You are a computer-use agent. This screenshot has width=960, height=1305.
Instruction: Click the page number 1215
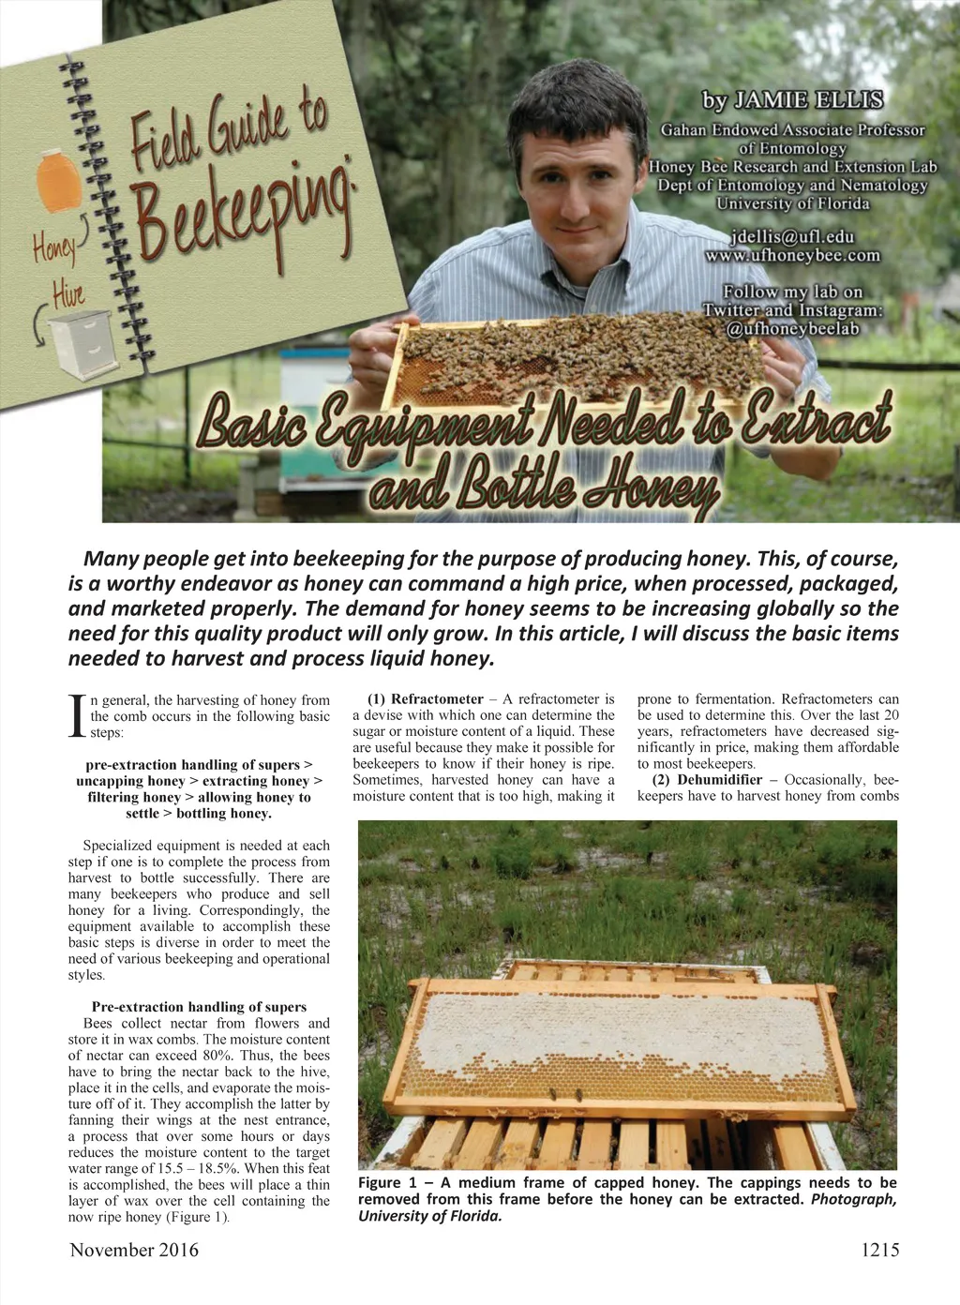pos(879,1250)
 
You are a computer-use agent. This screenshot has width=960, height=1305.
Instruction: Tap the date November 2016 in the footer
pos(134,1250)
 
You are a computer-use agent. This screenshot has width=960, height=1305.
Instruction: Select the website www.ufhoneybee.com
pos(792,255)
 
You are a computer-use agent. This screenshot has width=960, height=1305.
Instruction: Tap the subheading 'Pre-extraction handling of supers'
pos(199,1007)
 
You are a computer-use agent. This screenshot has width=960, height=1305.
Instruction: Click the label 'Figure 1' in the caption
pos(386,1183)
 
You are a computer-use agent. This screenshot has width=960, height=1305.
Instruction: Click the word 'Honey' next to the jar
pos(54,248)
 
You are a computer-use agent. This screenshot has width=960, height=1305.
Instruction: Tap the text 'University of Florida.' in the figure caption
pos(429,1217)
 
